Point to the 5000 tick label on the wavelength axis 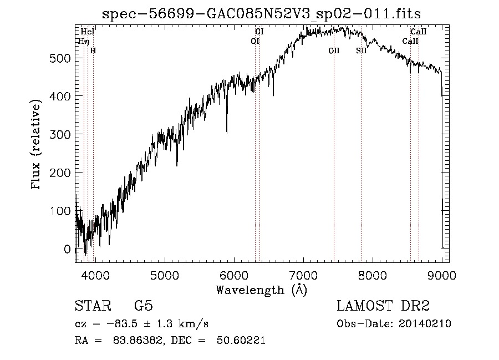pyautogui.click(x=164, y=275)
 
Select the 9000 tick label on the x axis pyautogui.click(x=441, y=275)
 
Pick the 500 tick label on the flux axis pyautogui.click(x=61, y=58)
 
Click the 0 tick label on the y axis pyautogui.click(x=68, y=249)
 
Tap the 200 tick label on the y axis pyautogui.click(x=61, y=173)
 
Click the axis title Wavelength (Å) pyautogui.click(x=261, y=290)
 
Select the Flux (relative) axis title pyautogui.click(x=37, y=145)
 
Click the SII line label pyautogui.click(x=361, y=50)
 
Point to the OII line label pyautogui.click(x=334, y=50)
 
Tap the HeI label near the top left pyautogui.click(x=88, y=32)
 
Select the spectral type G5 pyautogui.click(x=143, y=306)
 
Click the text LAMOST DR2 pyautogui.click(x=383, y=306)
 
